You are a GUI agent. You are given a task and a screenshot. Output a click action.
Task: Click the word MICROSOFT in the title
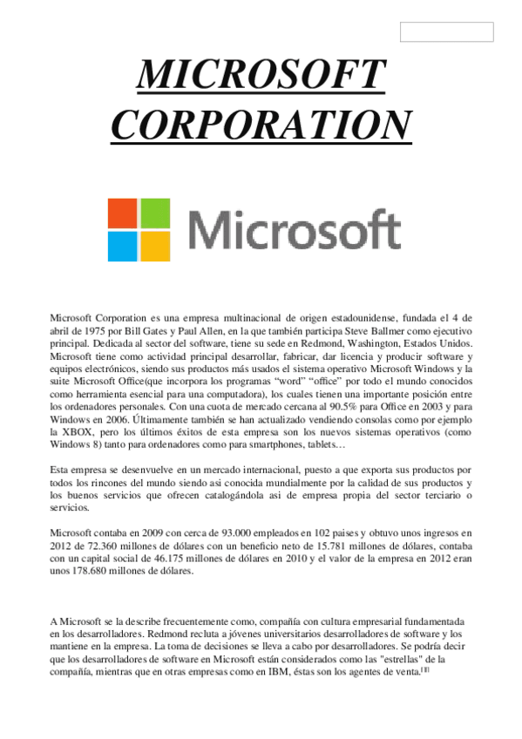pos(261,76)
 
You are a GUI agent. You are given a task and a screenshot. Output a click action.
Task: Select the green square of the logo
pos(156,213)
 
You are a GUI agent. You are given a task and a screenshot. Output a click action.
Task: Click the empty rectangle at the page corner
pos(446,32)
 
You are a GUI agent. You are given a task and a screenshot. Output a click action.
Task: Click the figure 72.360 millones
pos(92,546)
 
